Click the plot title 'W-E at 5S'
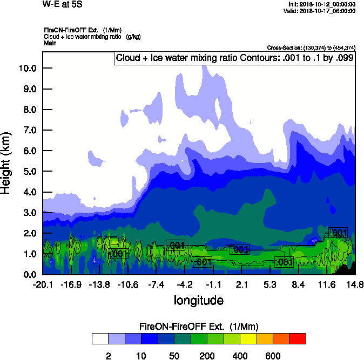[62, 4]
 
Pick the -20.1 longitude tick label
[42, 284]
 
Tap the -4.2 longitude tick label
[185, 284]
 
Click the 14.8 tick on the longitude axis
[355, 284]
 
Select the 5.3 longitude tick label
[270, 284]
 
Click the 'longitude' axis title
[199, 300]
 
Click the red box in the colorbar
[298, 339]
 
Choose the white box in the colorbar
[100, 339]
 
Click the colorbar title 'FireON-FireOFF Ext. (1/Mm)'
[199, 327]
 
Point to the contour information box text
[234, 58]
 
